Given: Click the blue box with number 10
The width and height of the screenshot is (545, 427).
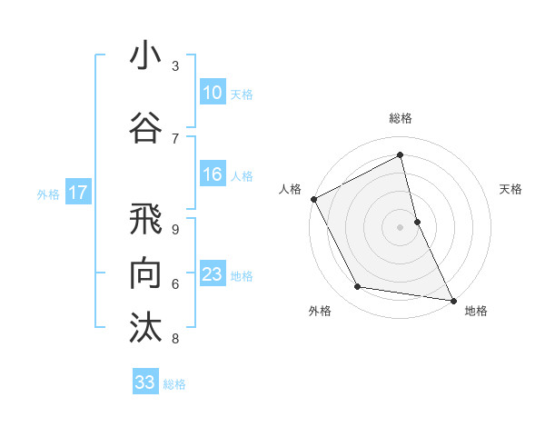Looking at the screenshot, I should click(x=213, y=93).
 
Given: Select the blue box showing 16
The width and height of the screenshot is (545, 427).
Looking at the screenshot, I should click(x=213, y=175).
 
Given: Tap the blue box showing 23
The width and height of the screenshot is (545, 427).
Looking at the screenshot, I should click(x=213, y=275).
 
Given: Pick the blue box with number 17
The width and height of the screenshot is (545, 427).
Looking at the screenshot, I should click(x=77, y=193).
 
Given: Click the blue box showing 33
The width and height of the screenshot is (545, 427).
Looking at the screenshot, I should click(x=145, y=382).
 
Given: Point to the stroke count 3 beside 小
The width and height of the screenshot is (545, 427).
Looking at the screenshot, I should click(x=175, y=66).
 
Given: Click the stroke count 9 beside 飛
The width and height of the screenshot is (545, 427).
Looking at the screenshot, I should click(x=175, y=229).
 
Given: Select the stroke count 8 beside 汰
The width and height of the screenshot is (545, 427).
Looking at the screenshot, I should click(x=175, y=339).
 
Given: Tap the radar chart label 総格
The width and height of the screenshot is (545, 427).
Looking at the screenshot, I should click(x=401, y=118).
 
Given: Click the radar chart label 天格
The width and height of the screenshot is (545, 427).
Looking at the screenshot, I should click(x=510, y=189).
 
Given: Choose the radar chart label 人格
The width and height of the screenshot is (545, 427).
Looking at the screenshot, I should click(x=291, y=189).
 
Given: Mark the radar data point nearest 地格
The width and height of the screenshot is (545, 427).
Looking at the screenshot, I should click(x=452, y=299).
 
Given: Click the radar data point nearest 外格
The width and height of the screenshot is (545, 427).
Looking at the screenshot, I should click(x=358, y=288).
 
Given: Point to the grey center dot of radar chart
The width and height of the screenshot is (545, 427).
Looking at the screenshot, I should click(x=401, y=226).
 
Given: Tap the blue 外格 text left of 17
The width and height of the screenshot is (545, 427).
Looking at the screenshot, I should click(x=48, y=194).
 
